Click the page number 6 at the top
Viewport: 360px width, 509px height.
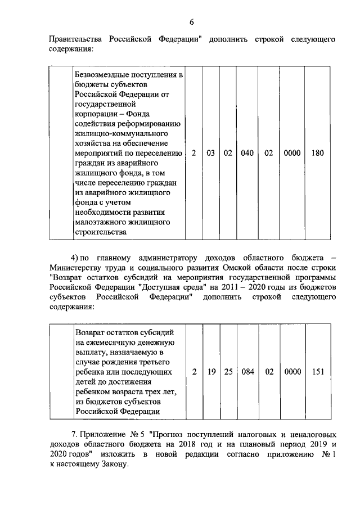coord(191,22)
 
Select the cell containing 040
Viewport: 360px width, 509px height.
coord(247,153)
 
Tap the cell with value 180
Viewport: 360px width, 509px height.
coord(317,153)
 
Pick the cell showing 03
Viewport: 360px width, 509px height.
coord(211,153)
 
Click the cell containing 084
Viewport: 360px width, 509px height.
coord(247,372)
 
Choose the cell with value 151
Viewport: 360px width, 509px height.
coord(317,372)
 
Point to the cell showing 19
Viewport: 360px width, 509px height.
coord(211,372)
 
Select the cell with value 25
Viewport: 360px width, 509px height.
coord(228,372)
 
